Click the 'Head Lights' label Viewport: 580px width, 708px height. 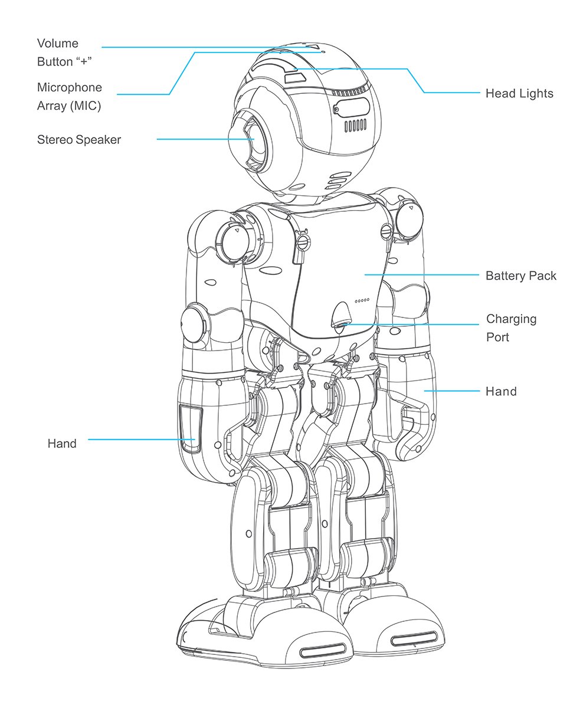pyautogui.click(x=519, y=93)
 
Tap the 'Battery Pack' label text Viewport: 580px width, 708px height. pyautogui.click(x=520, y=276)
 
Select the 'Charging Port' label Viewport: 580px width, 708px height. pyautogui.click(x=511, y=327)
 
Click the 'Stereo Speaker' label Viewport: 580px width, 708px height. pyautogui.click(x=79, y=140)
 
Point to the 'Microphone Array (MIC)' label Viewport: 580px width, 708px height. pyautogui.click(x=70, y=97)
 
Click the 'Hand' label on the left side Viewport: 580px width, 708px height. pyautogui.click(x=62, y=443)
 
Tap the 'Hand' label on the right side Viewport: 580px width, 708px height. pyautogui.click(x=501, y=391)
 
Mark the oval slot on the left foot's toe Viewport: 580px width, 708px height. pyautogui.click(x=321, y=652)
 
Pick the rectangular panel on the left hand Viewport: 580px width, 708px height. pyautogui.click(x=191, y=428)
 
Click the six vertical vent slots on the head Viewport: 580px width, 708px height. pyautogui.click(x=355, y=126)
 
